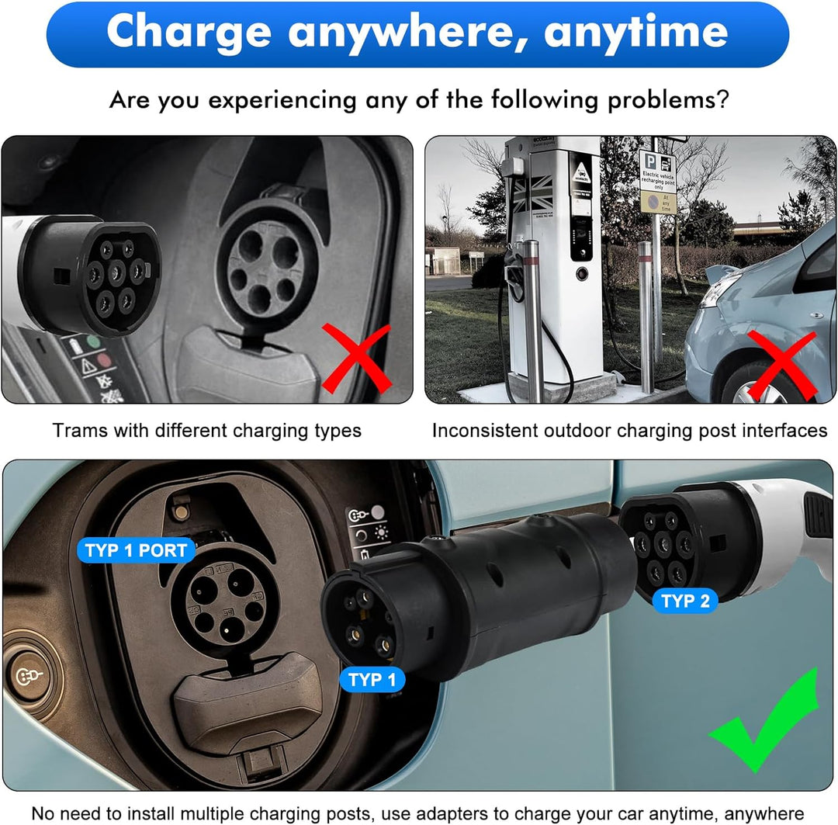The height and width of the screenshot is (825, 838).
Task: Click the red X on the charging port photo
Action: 356,358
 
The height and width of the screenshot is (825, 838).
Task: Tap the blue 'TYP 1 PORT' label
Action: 136,551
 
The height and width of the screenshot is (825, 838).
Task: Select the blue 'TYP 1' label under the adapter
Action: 372,680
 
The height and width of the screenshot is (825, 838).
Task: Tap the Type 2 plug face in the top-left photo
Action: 115,273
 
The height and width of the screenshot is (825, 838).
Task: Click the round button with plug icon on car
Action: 26,676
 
